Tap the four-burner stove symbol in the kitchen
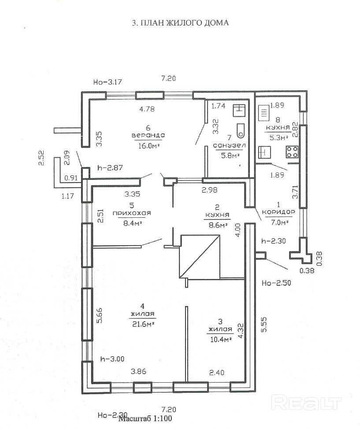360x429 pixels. (x=293, y=152)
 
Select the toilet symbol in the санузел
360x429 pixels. (x=241, y=131)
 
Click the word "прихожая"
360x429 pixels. (x=132, y=213)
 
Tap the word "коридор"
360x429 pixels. (x=278, y=212)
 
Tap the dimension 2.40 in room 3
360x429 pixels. (x=217, y=373)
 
